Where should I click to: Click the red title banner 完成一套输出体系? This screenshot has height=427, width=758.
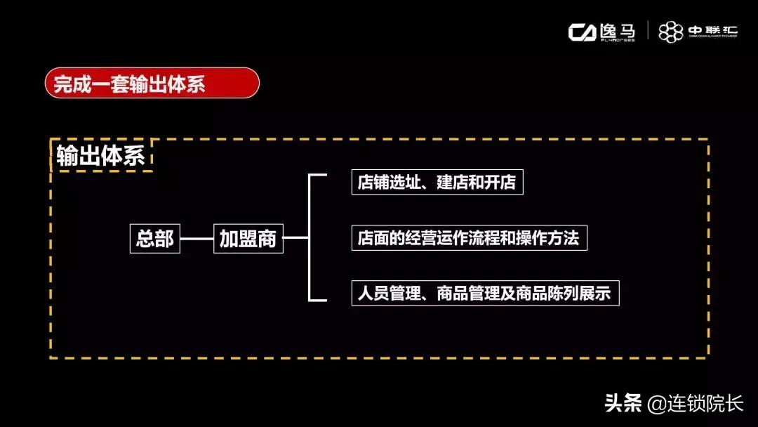click(151, 83)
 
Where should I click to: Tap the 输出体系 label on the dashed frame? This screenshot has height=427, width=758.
click(101, 156)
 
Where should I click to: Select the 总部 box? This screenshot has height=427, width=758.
click(155, 239)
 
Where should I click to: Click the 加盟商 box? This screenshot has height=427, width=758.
click(248, 239)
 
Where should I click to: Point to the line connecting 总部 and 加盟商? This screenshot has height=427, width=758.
click(197, 239)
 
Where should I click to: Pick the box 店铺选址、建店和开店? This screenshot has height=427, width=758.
click(437, 182)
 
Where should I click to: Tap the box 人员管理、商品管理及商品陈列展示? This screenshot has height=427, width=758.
click(484, 292)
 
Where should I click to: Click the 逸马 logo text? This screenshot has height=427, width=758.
click(618, 31)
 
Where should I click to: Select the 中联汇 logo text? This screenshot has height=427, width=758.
click(712, 30)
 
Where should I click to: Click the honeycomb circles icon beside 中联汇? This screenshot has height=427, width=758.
click(670, 32)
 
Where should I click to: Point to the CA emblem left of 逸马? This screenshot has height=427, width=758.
click(583, 32)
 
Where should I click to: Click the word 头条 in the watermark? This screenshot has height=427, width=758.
click(623, 404)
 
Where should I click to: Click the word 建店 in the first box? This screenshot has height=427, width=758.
click(456, 182)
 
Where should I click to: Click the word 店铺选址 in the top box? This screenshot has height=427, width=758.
click(386, 182)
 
